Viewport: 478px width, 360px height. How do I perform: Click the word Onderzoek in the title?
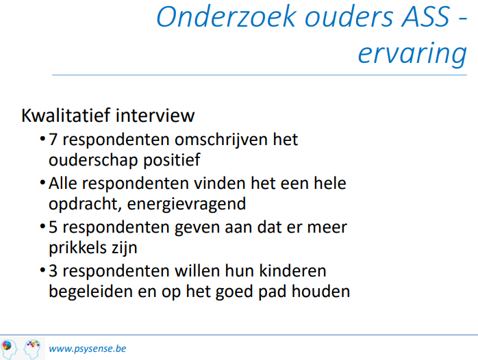[227, 16]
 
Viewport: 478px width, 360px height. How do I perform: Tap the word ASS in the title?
[426, 16]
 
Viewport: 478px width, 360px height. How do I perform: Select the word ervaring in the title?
[412, 53]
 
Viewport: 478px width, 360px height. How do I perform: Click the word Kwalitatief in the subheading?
[66, 115]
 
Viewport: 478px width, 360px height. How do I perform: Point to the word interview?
[155, 115]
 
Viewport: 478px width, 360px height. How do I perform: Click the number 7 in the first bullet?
[53, 140]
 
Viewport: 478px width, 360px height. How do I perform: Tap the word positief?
[172, 160]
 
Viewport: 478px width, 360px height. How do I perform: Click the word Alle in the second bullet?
[63, 183]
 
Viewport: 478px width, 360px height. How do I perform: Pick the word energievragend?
[186, 204]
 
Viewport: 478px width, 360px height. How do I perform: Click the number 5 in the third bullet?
[53, 227]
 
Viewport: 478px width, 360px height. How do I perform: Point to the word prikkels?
[77, 248]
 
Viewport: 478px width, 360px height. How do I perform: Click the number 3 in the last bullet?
[53, 271]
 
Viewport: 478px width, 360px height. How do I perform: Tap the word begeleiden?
[91, 292]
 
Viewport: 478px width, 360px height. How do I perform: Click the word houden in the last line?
[320, 291]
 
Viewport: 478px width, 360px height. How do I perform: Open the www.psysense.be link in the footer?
[88, 348]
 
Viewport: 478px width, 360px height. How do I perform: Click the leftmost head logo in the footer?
[9, 349]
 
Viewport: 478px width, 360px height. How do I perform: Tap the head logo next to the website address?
[32, 349]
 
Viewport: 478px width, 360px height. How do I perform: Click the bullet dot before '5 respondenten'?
[42, 227]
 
